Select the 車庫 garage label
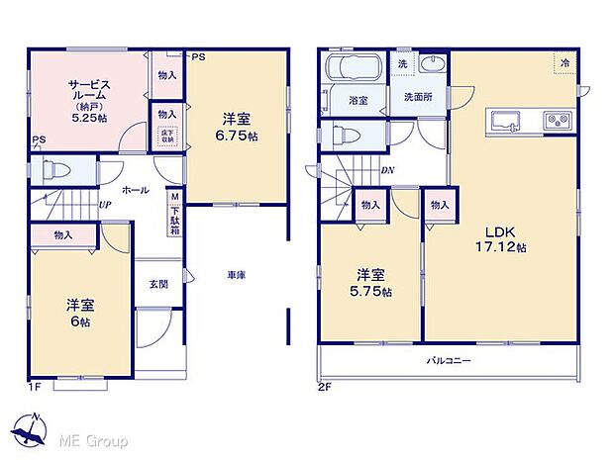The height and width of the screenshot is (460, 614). click(234, 275)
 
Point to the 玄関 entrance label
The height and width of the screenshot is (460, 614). click(158, 283)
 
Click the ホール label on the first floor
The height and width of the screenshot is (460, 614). click(137, 188)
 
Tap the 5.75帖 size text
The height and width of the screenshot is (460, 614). click(373, 292)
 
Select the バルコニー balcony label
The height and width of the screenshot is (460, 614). click(449, 361)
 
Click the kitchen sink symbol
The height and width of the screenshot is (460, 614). click(507, 122)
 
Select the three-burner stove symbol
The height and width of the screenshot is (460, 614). click(557, 122)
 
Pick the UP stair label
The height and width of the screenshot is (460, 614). click(104, 205)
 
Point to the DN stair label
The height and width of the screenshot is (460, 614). click(387, 169)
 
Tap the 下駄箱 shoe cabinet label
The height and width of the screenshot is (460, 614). click(173, 210)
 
